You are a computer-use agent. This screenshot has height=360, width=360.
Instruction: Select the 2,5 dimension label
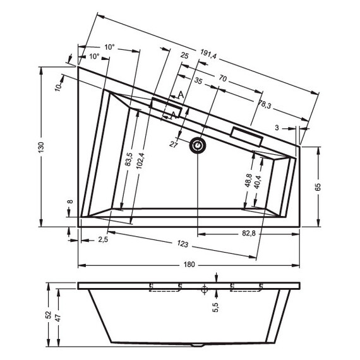coord(103,239)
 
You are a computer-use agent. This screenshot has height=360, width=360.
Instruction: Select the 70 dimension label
coord(223,78)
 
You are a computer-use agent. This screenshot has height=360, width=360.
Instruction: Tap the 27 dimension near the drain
coord(174,145)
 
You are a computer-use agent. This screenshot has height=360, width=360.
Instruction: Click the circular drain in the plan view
coord(198,146)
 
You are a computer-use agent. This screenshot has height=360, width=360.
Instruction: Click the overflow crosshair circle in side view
coord(204,290)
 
